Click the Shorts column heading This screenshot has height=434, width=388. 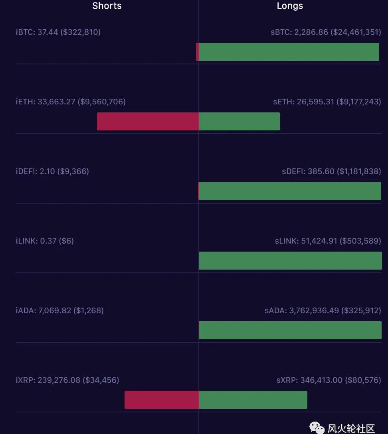coord(107,6)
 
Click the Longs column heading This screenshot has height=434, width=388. coord(290,6)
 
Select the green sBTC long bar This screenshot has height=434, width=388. coord(289,52)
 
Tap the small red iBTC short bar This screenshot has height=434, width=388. coord(197,52)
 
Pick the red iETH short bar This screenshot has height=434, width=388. coord(148,121)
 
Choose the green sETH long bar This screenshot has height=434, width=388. coord(240,121)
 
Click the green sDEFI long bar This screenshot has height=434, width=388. coord(290,191)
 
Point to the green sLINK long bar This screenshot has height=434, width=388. coord(291,260)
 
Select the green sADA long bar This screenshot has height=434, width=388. coord(290,330)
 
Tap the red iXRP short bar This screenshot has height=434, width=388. coord(162,400)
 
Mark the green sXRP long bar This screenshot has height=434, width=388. coord(253,400)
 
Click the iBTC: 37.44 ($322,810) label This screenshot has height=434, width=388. coord(58,32)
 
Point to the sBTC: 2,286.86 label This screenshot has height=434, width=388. coord(326,32)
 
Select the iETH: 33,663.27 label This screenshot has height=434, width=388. coord(71,102)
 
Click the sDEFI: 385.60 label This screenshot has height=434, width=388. coord(331,171)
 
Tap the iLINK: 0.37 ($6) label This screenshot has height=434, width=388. coord(45,241)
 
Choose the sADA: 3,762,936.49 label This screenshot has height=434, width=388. coord(323,310)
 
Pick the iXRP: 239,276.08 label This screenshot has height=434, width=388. coord(67,380)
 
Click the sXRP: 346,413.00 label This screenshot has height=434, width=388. coord(329,380)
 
